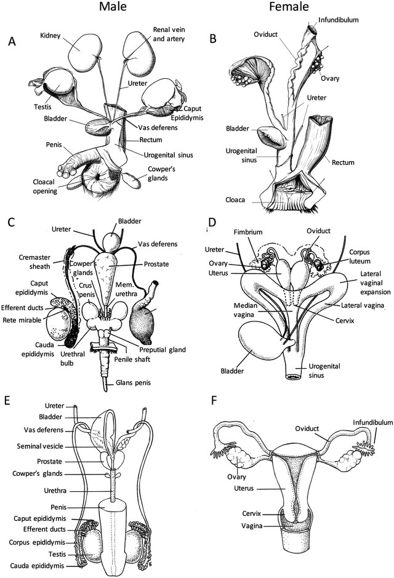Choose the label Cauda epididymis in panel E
37,565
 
